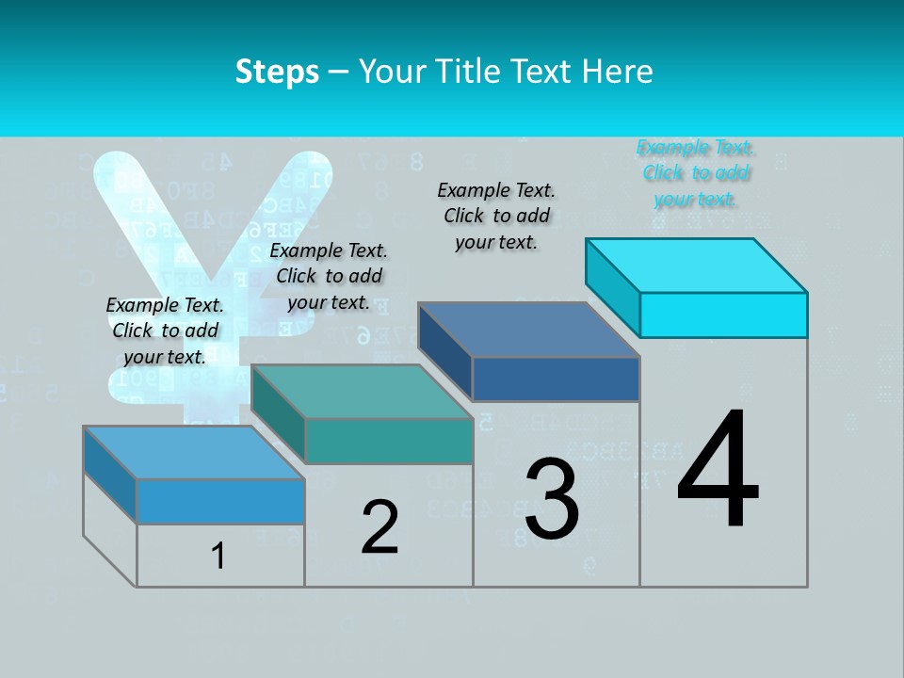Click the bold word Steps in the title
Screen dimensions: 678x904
point(277,72)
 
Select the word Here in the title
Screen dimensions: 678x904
point(618,72)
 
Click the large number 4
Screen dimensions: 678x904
point(718,471)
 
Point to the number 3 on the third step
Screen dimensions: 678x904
point(552,499)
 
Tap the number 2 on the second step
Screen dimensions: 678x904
point(380,527)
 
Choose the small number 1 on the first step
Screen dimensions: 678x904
point(218,557)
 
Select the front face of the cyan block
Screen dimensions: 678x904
point(723,315)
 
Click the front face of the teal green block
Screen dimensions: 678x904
point(388,441)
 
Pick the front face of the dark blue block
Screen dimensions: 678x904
point(556,379)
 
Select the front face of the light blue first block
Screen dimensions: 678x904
point(220,501)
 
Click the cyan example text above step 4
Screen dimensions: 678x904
point(696,173)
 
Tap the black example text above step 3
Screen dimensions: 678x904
point(496,216)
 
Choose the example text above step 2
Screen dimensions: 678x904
point(329,276)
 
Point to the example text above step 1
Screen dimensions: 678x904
point(165,331)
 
